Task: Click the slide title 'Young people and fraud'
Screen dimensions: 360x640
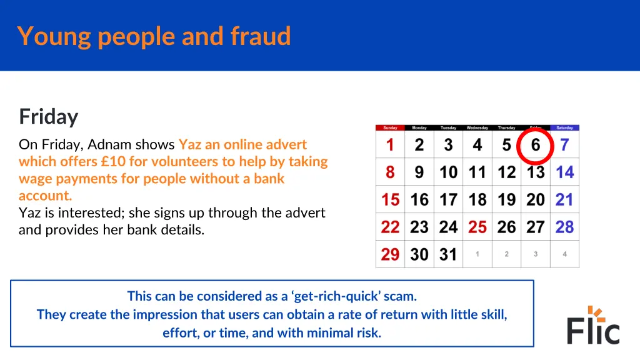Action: pyautogui.click(x=154, y=36)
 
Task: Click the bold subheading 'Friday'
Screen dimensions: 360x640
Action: pyautogui.click(x=49, y=117)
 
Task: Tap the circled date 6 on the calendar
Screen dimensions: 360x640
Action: pyautogui.click(x=536, y=145)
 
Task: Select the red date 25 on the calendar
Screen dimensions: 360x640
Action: pyautogui.click(x=477, y=227)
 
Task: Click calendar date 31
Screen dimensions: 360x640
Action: pyautogui.click(x=448, y=254)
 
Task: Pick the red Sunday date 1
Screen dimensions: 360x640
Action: pyautogui.click(x=390, y=145)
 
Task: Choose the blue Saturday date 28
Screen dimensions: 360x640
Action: pyautogui.click(x=564, y=227)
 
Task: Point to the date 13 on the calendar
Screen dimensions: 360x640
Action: pyautogui.click(x=536, y=172)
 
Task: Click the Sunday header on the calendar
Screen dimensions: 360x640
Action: pyautogui.click(x=390, y=127)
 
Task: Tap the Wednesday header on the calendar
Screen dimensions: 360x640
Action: pyautogui.click(x=477, y=127)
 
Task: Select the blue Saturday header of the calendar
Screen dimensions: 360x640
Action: pyautogui.click(x=564, y=127)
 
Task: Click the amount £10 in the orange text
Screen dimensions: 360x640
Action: pyautogui.click(x=112, y=161)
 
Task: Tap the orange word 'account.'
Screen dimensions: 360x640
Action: pyautogui.click(x=46, y=195)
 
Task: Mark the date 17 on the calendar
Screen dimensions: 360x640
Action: pyautogui.click(x=448, y=200)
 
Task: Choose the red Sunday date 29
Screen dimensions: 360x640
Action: pyautogui.click(x=390, y=254)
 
